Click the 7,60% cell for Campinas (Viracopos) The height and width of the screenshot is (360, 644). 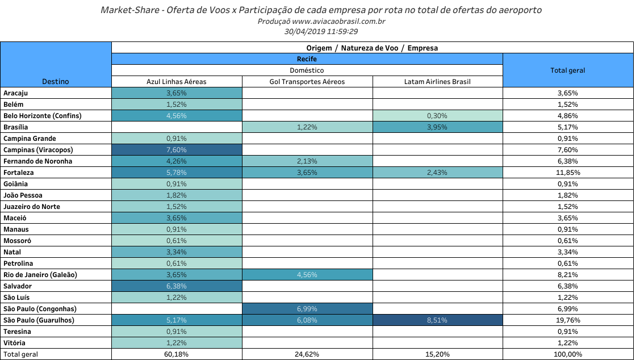pos(177,150)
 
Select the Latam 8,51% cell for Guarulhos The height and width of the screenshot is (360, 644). pos(437,320)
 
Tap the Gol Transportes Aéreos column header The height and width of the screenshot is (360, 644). pos(307,82)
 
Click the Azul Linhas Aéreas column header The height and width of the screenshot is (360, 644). pos(177,82)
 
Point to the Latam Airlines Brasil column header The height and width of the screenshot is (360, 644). pos(437,82)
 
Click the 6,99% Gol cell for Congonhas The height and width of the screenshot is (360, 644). pos(307,309)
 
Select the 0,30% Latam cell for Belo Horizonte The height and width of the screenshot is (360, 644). pos(437,116)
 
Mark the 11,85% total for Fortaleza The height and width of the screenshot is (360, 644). pos(567,173)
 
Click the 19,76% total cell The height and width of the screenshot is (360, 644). pos(567,320)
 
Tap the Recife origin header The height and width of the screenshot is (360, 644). pos(307,59)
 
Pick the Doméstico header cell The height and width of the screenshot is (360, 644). pos(307,70)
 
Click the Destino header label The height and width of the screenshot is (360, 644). pos(56,82)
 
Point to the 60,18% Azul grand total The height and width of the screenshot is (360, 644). pos(177,354)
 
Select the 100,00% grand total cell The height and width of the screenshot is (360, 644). pos(567,354)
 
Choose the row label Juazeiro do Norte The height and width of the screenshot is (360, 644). pos(32,207)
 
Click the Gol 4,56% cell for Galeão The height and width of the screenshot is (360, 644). pos(307,275)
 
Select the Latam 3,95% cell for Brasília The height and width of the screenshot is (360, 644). pos(437,127)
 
